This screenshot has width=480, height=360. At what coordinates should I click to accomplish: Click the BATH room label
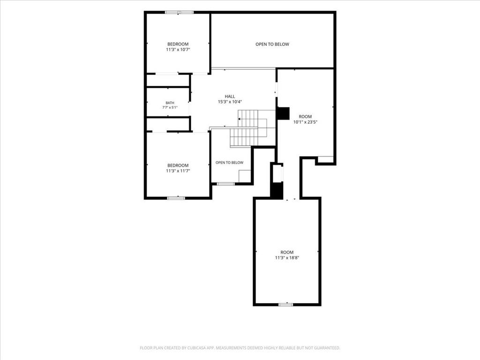point(170,103)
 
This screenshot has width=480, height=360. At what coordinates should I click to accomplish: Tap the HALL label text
point(230,97)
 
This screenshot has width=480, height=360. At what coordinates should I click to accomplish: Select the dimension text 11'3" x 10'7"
point(178,50)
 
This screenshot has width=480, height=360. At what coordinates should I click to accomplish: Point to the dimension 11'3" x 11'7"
point(178,171)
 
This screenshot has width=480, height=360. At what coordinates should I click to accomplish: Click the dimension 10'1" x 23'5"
point(305,122)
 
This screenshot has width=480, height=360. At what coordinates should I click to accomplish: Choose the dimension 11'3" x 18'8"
point(287,258)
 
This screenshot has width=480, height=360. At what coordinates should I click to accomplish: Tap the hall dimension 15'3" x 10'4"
point(230,102)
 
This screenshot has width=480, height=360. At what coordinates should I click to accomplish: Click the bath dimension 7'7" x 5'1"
point(170,107)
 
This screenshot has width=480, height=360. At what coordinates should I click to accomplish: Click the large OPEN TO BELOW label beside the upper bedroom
point(272,44)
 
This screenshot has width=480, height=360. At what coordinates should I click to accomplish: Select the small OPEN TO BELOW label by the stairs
point(229,163)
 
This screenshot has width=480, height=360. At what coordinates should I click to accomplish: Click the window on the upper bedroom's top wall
point(179,13)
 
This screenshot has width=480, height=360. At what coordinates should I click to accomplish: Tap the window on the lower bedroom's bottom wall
point(176,198)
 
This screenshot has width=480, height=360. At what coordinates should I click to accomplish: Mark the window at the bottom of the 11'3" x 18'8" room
point(285,305)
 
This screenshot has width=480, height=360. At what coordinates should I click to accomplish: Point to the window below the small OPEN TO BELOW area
point(225,184)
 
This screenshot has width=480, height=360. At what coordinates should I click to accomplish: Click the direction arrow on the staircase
point(239,119)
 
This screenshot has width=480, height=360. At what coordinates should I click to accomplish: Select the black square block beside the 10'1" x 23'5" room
point(283,113)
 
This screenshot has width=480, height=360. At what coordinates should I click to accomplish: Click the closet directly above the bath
point(168,80)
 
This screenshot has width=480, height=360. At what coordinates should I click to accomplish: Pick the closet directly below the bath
point(168,124)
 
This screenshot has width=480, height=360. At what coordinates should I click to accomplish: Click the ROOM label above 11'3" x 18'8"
point(287,252)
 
